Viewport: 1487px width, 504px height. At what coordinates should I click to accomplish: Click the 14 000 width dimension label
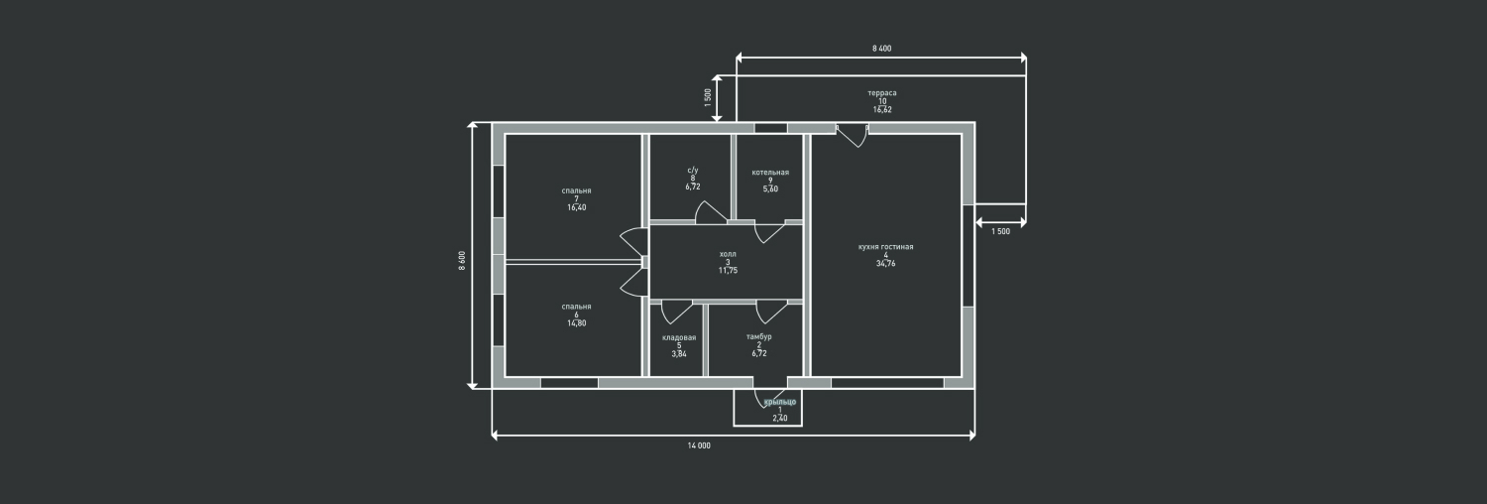point(699,445)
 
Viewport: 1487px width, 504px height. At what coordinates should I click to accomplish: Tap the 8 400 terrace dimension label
point(881,48)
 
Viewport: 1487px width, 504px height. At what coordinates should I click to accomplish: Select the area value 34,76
point(885,263)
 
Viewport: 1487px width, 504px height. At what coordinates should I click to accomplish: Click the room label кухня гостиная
point(885,246)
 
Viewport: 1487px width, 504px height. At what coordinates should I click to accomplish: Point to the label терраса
point(881,92)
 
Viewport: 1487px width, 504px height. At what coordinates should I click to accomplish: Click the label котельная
point(770,172)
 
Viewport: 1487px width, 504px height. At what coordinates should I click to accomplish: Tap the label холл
point(728,254)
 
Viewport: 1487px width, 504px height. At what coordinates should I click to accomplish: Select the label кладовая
point(679,337)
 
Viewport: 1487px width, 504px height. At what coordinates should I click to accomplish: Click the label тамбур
point(758,336)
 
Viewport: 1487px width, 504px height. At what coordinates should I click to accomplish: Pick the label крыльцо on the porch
point(780,401)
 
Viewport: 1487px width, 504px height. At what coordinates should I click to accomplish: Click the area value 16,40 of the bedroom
point(576,207)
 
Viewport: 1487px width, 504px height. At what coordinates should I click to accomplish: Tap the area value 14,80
point(576,323)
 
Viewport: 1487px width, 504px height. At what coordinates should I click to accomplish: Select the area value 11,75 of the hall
point(728,270)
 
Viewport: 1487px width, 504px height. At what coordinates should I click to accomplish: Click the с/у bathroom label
point(693,171)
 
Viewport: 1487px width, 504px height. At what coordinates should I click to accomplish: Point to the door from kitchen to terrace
point(852,136)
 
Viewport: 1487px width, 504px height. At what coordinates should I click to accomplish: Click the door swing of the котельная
point(768,233)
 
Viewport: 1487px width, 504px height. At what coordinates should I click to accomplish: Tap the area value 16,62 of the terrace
point(881,109)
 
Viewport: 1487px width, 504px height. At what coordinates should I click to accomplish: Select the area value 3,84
point(679,353)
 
